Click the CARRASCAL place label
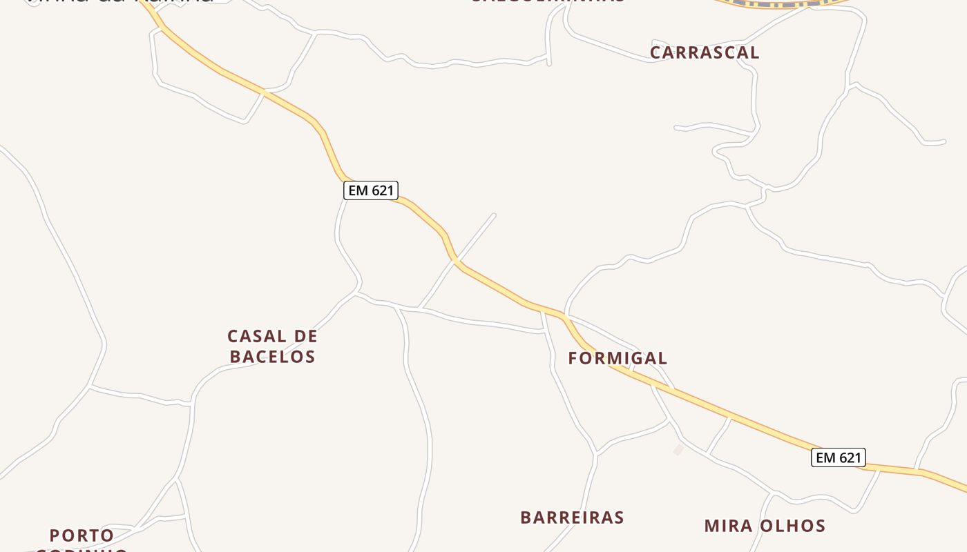pos(705,52)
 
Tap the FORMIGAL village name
pos(617,358)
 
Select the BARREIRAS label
pos(572,517)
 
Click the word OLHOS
pos(794,526)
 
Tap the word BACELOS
pos(272,357)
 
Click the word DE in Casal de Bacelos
pos(306,337)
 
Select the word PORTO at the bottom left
pos(82,535)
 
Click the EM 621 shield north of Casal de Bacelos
pos(371,190)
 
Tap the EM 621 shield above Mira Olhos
pos(838,457)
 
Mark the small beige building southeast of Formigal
pos(678,450)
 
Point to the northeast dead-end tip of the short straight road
pos(494,215)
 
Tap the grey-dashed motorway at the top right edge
pos(781,3)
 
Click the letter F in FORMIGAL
pos(573,358)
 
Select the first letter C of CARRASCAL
pos(655,52)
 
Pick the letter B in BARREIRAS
pos(526,517)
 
